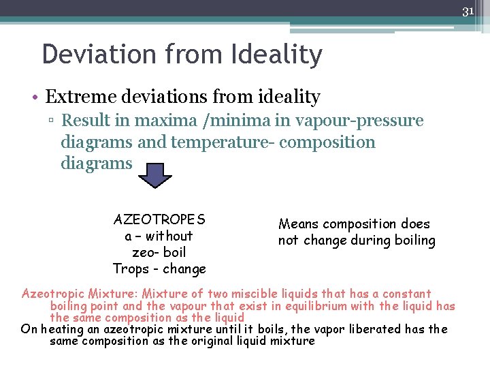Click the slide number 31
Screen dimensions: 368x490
(468, 11)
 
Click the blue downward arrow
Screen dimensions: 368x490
(155, 174)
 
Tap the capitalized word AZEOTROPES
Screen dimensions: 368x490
(159, 219)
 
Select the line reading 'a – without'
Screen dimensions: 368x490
(159, 236)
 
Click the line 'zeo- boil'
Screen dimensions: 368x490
(159, 252)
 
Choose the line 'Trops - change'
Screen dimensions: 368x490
(159, 269)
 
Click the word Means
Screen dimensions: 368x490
(299, 224)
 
